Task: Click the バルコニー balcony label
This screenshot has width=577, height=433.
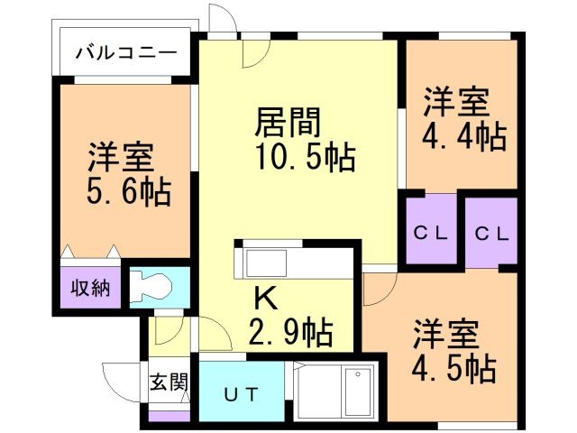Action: coord(125,51)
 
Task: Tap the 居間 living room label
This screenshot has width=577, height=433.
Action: coord(289,120)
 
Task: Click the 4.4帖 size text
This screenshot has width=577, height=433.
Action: coord(464,136)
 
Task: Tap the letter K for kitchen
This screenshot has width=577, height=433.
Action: coord(266,295)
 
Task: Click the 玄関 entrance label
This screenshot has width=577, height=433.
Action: coord(169,381)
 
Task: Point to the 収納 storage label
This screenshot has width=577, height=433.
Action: coord(91,289)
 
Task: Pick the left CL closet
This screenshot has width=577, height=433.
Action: coord(431,232)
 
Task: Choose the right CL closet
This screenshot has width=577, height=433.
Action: coord(492,232)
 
